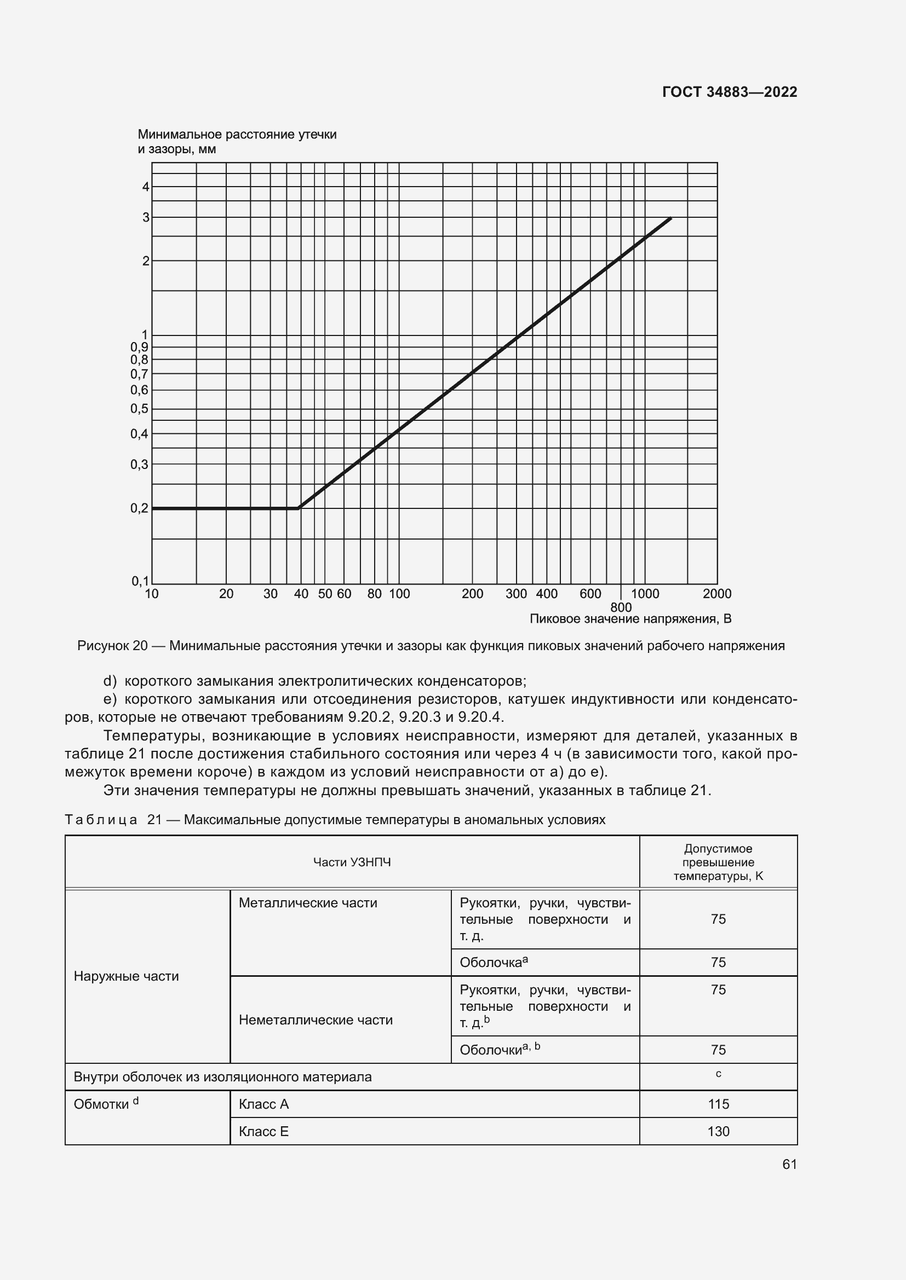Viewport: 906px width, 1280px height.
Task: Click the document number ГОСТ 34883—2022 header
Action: point(729,92)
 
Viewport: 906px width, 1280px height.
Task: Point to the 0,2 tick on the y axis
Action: point(140,508)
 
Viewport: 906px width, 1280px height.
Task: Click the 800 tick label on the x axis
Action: point(621,607)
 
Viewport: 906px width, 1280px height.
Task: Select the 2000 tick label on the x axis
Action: point(717,594)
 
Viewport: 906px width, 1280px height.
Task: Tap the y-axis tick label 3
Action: point(146,217)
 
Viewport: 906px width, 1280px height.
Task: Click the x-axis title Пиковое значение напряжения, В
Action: point(630,619)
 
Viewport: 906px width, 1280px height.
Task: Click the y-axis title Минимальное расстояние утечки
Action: point(237,135)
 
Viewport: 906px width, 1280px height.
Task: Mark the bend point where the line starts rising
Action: point(299,508)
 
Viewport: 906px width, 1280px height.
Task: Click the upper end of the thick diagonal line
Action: point(670,218)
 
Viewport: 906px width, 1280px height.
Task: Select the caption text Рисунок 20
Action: point(112,646)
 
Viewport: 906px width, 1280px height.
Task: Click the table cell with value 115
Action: point(718,1104)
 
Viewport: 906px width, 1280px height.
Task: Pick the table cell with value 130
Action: point(718,1131)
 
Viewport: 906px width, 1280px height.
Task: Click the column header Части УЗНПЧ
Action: point(352,862)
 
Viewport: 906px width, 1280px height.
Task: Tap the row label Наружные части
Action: point(126,976)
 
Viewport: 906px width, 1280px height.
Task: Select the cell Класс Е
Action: point(263,1131)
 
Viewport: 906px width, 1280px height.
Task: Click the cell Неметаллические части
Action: point(316,1020)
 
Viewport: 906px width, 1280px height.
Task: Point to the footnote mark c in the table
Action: point(718,1074)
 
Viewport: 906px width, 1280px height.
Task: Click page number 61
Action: point(789,1164)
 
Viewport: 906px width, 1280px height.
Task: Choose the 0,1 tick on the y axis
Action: point(140,582)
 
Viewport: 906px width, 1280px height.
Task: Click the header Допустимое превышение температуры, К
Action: point(718,862)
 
